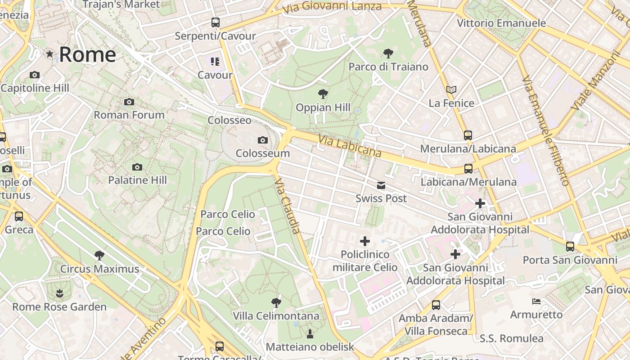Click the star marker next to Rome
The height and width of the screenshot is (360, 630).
[x=49, y=54]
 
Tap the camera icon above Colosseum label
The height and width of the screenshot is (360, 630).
[x=263, y=140]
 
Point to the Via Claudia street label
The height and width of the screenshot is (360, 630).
[x=287, y=206]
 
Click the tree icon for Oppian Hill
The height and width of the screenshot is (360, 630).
[x=323, y=94]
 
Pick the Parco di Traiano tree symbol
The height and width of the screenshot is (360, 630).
[x=388, y=54]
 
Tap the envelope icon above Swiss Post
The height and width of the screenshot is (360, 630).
[x=381, y=185]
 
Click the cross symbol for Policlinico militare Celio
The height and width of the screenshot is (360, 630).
[x=365, y=241]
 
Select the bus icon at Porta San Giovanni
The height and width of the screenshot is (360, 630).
[x=570, y=247]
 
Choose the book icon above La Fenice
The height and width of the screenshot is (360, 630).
[x=451, y=90]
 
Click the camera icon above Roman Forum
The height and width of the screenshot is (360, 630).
[x=129, y=102]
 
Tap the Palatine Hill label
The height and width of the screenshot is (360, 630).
[x=137, y=180]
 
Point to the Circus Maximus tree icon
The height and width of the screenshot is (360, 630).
[x=99, y=256]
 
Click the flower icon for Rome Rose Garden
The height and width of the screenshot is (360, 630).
[x=59, y=294]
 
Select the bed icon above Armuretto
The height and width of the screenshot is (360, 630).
[x=536, y=301]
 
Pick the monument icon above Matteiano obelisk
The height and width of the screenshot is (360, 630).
[x=310, y=334]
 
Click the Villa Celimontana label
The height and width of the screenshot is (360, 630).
[x=276, y=316]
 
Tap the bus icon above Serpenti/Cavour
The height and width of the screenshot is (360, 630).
[x=216, y=22]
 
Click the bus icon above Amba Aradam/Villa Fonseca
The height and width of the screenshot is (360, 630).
[x=436, y=305]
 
